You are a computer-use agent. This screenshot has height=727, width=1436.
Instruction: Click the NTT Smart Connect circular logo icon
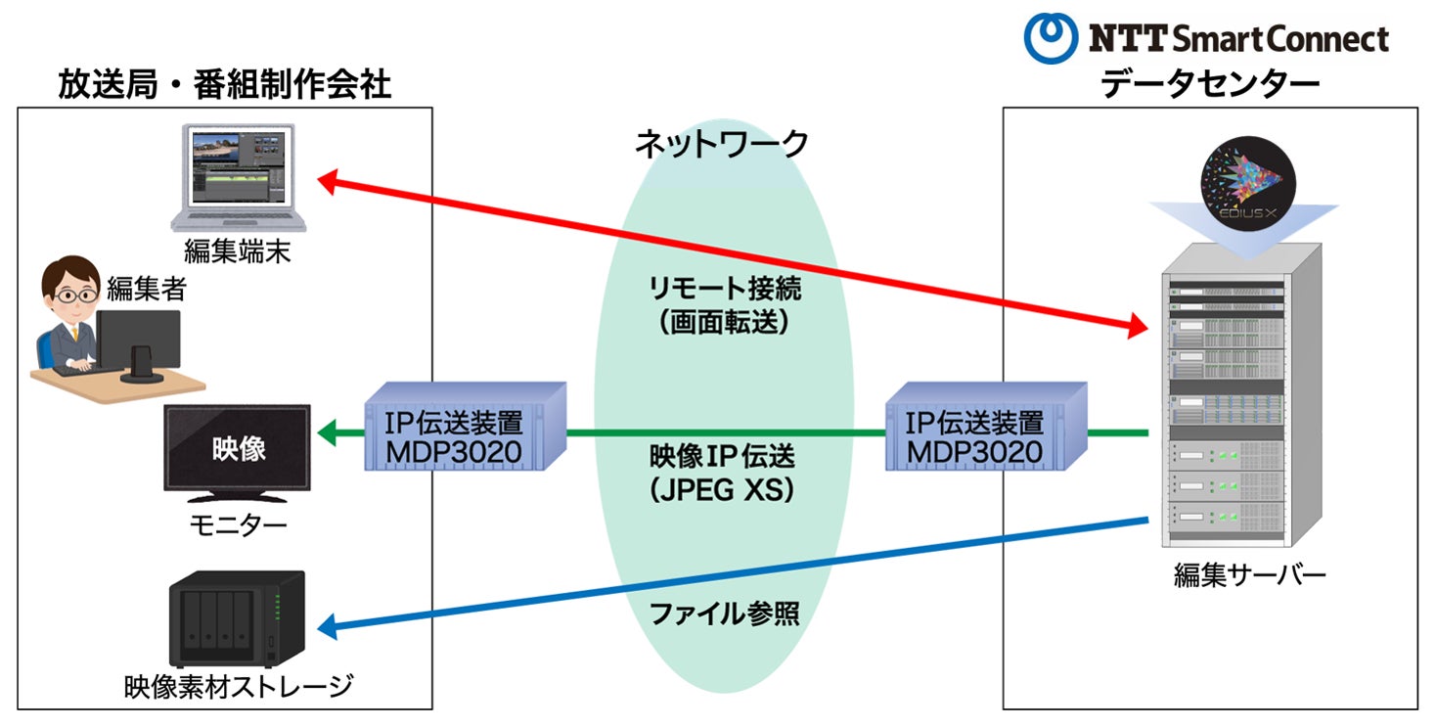point(1051,37)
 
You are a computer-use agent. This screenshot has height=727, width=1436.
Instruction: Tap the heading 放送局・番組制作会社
point(223,84)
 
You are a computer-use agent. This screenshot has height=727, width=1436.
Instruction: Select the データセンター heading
point(1210,85)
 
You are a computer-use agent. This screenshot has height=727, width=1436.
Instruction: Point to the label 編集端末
point(237,252)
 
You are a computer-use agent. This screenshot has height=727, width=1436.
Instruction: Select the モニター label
point(238,526)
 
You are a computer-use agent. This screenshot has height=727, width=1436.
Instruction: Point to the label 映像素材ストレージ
point(238,686)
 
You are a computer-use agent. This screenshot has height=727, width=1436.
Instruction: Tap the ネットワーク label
point(721,145)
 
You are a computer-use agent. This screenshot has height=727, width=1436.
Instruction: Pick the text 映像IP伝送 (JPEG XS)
point(722,473)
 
